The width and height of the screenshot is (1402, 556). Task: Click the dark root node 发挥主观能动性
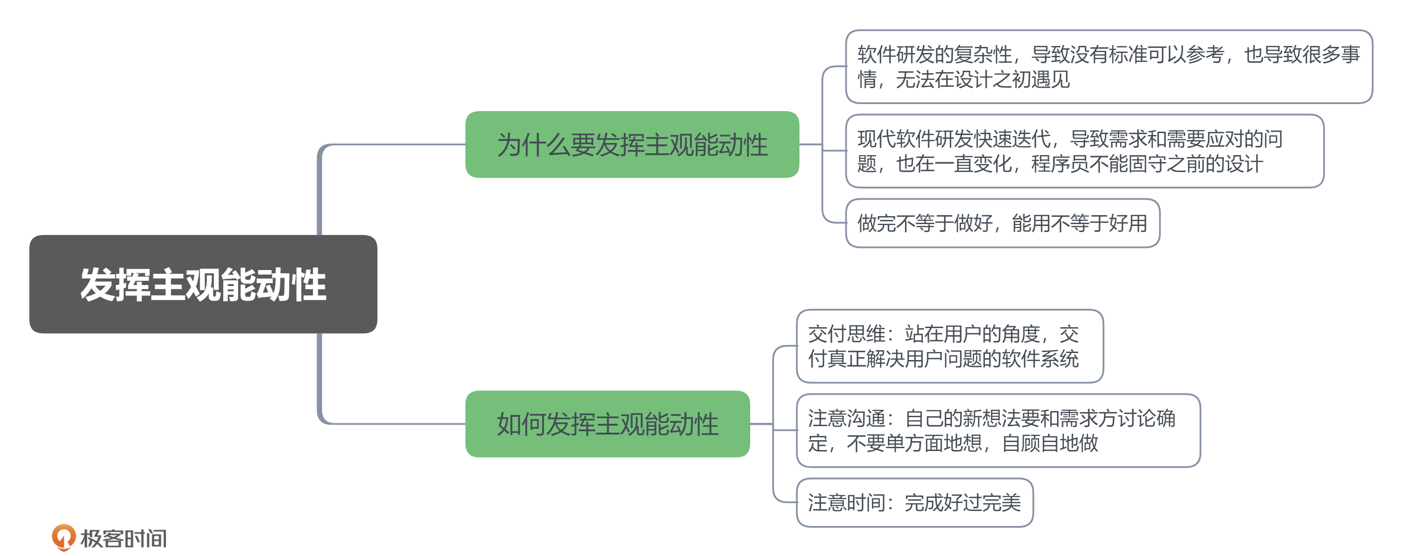pos(203,284)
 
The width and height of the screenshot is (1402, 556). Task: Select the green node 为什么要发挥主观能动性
pos(632,145)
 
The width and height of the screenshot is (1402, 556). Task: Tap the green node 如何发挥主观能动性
pos(607,424)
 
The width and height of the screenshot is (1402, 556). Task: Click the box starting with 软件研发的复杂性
pos(1108,67)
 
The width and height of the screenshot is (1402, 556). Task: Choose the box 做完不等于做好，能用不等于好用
pos(1003,223)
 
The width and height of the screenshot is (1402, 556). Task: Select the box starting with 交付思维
pos(949,346)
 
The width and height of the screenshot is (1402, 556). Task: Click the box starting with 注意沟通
pos(998,430)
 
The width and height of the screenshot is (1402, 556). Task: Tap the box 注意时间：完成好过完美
pos(914,503)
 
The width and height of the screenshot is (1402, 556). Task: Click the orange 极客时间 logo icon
pos(64,537)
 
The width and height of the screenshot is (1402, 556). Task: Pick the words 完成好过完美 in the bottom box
pos(962,503)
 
